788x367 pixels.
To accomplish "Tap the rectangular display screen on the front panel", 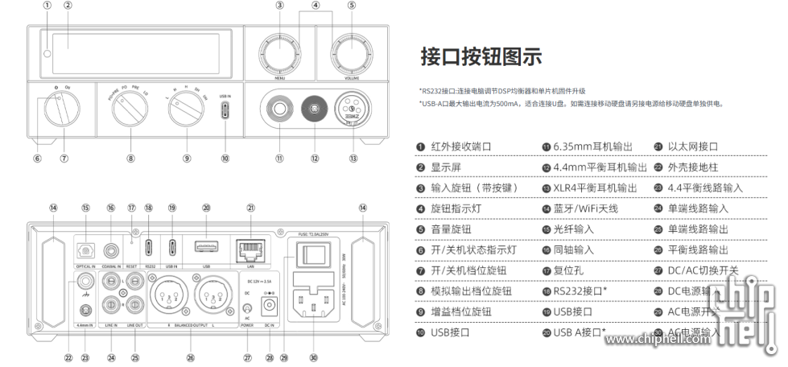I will point(141,52).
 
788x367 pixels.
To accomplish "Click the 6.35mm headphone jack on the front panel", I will point(279,109).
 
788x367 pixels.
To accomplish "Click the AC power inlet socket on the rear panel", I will point(314,304).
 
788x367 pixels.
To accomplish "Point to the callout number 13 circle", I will point(353,159).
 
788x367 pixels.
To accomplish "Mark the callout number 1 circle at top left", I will point(47,6).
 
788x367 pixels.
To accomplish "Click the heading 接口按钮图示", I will point(481,57).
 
